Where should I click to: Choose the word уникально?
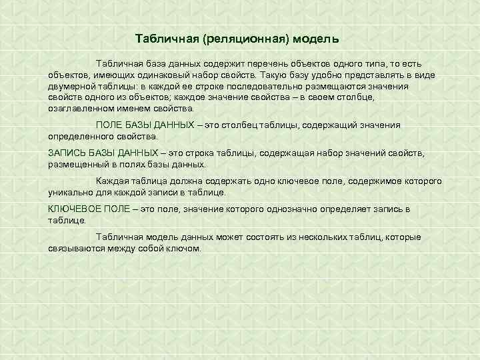pyautogui.click(x=69, y=193)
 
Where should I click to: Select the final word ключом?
pyautogui.click(x=186, y=248)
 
